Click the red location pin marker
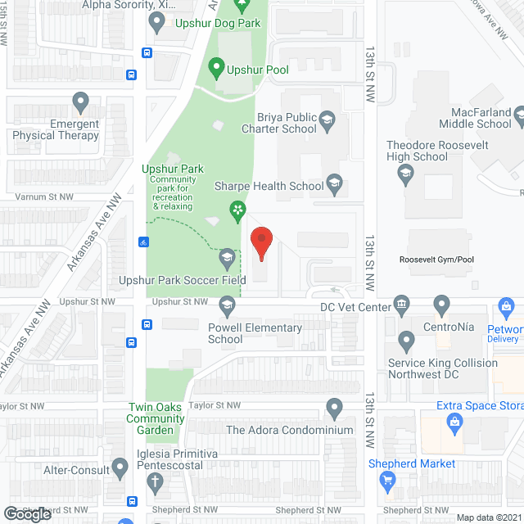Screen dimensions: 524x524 [261, 243]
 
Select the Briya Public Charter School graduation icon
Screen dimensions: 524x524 [326, 122]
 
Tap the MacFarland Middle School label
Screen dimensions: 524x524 [481, 118]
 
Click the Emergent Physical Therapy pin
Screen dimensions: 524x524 [80, 102]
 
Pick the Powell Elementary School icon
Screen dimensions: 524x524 [227, 306]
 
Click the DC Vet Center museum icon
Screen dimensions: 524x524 [401, 305]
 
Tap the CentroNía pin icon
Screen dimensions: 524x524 [442, 305]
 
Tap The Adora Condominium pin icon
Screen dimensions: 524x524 [333, 406]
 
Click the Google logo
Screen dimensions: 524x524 [27, 513]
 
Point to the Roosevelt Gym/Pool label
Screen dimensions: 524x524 [436, 260]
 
